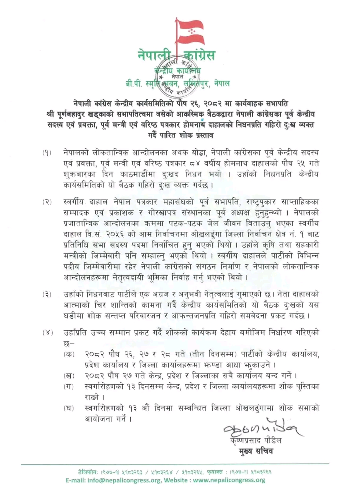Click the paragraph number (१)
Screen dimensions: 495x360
tap(47, 153)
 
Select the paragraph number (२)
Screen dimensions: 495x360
tap(47, 202)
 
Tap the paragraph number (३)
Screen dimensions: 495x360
tap(47, 294)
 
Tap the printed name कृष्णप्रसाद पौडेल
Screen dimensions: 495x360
tap(256, 440)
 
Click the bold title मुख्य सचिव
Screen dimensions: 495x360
tap(256, 451)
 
